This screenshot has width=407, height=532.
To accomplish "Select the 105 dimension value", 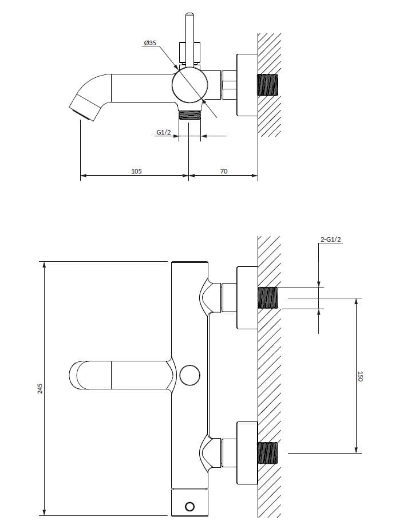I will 136,171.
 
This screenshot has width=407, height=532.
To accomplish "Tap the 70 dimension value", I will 223,171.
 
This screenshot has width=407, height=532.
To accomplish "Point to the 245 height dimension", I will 39,388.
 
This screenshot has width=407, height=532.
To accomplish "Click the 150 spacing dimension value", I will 360,376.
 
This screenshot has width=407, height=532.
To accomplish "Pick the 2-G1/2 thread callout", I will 331,240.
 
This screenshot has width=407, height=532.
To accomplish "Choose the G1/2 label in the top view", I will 164,132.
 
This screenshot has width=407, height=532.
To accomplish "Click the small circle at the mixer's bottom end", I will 189,506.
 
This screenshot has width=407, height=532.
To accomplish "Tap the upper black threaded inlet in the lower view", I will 267,297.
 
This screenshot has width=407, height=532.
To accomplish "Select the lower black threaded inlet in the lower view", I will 267,453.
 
